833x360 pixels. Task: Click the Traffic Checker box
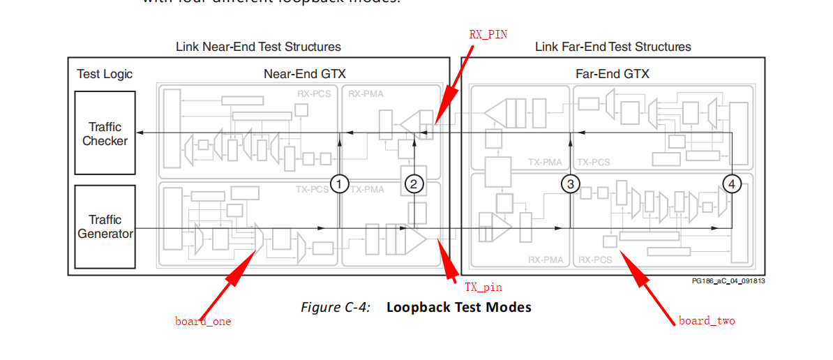[105, 133]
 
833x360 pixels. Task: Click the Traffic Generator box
[105, 227]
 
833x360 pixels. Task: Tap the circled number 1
[339, 183]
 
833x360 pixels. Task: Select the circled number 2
[414, 183]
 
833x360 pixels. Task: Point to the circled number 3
[571, 183]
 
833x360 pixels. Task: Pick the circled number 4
[731, 183]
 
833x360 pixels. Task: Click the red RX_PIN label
[488, 34]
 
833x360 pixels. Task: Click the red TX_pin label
[483, 287]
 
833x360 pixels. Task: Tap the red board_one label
[203, 322]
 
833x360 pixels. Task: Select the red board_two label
[707, 321]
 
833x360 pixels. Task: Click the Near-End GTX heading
[304, 73]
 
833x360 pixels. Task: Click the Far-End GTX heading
[613, 73]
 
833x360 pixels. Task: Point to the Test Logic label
[105, 74]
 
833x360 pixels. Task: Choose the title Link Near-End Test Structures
[258, 47]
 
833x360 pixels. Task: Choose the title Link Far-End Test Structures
[613, 47]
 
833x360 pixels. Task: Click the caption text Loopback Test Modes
[458, 307]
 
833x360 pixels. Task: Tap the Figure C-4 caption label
[336, 307]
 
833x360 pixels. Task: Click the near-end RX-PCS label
[315, 93]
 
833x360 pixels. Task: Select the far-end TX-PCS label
[593, 162]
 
